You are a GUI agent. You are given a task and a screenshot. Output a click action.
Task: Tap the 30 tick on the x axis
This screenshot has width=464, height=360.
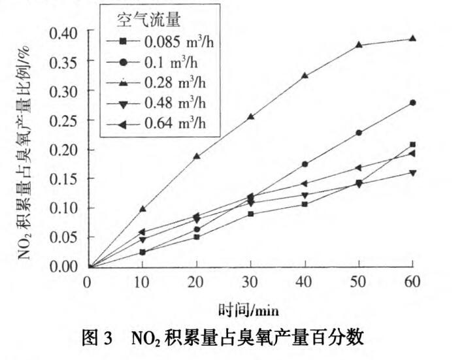coord(250,282)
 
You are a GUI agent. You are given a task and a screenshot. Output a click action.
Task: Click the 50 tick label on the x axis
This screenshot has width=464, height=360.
coord(358,282)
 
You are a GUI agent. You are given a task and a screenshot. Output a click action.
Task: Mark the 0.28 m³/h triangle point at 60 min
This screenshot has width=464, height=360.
coord(412,39)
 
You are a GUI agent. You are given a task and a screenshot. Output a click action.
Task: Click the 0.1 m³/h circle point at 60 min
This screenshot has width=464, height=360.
coord(412,103)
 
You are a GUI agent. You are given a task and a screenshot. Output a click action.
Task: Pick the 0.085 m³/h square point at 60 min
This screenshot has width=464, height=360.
coord(412,144)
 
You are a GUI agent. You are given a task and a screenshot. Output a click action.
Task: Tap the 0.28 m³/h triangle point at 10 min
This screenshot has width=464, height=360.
coord(142,209)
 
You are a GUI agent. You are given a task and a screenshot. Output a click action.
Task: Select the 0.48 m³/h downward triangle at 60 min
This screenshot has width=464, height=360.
coord(412,172)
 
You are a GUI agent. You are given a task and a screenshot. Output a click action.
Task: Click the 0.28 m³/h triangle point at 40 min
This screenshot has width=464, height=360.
coord(305,76)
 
